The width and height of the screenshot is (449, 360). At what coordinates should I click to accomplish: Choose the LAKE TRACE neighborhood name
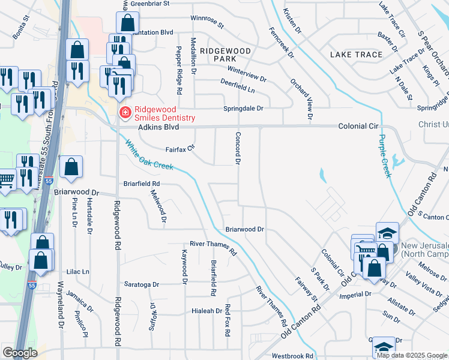(356, 55)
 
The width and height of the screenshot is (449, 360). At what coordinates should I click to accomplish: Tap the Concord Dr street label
(238, 148)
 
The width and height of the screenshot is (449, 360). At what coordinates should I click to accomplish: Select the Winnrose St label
(206, 22)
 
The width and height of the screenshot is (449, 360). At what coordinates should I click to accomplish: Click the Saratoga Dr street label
(142, 284)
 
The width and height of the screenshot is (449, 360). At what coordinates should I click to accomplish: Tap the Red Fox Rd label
(228, 319)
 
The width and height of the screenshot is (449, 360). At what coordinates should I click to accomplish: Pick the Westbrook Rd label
(293, 356)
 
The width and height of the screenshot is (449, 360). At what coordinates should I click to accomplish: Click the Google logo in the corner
(20, 353)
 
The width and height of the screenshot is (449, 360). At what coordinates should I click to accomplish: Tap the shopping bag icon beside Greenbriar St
(128, 23)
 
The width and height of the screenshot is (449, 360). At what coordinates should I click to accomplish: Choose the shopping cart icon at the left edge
(6, 179)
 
